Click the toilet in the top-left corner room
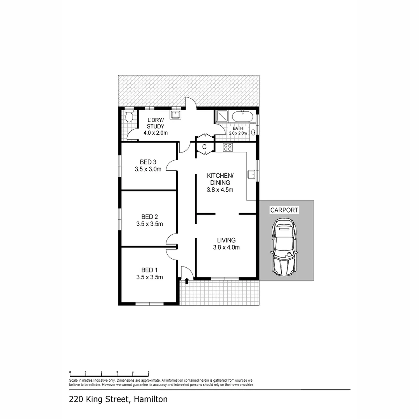(x=129, y=116)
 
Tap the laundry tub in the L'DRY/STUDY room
(x=175, y=115)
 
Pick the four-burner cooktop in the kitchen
(x=228, y=147)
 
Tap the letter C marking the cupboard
(x=204, y=147)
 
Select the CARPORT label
(x=284, y=210)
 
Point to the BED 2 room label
(x=149, y=216)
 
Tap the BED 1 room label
(x=149, y=270)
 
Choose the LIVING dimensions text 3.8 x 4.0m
(x=226, y=247)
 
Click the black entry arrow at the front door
(x=187, y=280)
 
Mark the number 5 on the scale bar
(x=148, y=372)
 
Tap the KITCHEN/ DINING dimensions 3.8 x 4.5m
(x=220, y=190)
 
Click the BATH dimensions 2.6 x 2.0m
(x=237, y=133)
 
